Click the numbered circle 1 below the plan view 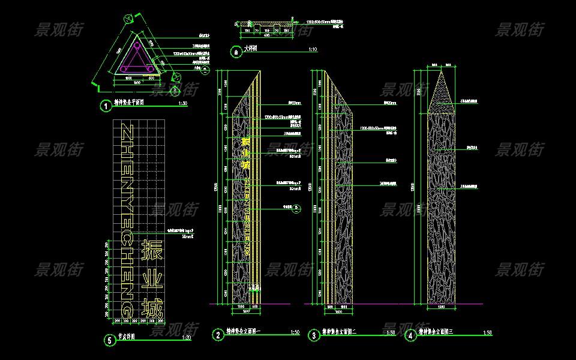106,106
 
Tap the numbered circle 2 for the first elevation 218,335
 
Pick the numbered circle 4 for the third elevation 410,335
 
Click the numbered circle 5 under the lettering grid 109,340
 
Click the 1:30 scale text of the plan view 183,104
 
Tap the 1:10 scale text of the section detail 312,49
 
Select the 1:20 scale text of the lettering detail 186,337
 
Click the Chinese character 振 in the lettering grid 151,251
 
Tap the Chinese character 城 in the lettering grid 151,310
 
